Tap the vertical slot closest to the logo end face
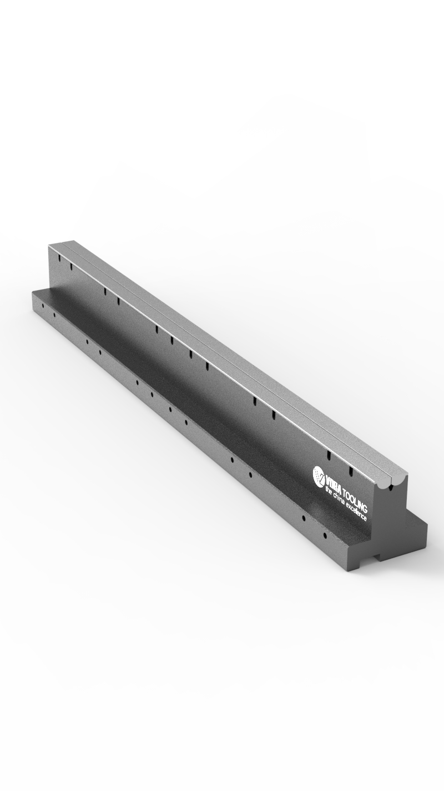[351, 471]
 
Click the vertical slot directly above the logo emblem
[329, 456]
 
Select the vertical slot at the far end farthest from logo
[58, 258]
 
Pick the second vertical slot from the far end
[71, 267]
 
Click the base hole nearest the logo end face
[326, 536]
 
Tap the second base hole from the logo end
[304, 518]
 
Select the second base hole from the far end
[54, 315]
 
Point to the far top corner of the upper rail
[50, 245]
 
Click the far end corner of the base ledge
[33, 292]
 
